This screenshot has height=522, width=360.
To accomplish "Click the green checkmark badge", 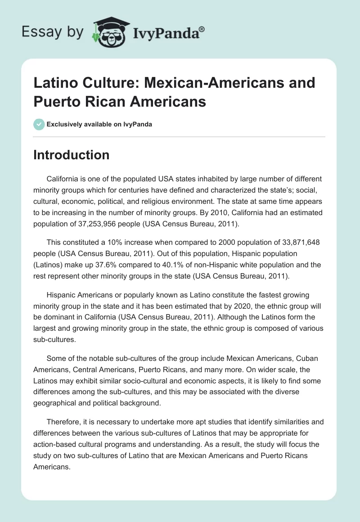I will (39, 124).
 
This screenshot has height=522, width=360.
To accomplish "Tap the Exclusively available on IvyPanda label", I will (99, 125).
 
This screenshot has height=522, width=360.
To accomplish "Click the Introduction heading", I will (72, 155).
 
